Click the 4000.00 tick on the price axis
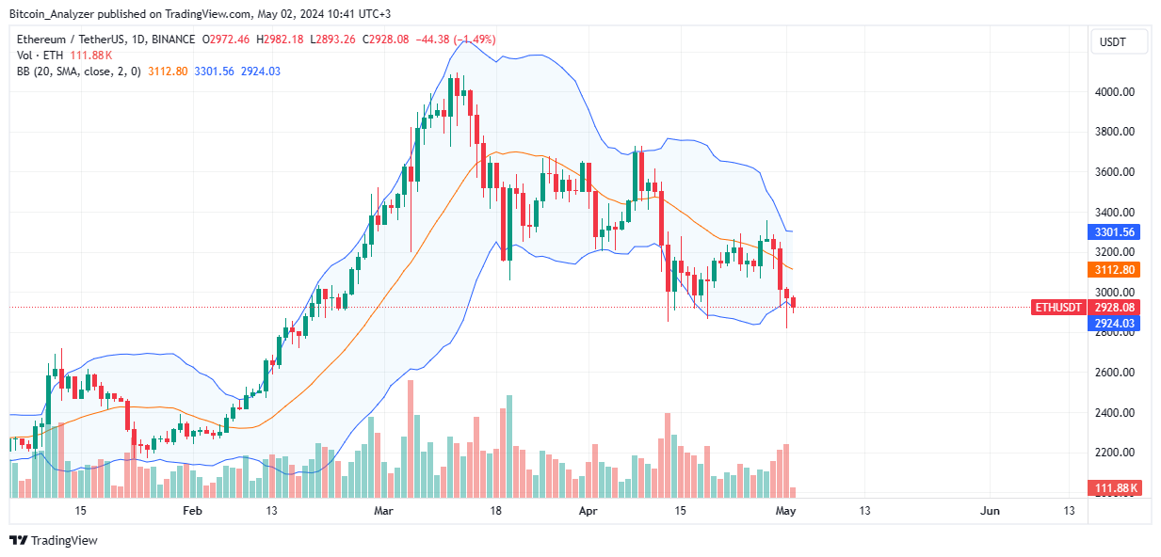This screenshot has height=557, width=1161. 1119,92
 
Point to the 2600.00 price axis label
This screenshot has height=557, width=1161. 1119,373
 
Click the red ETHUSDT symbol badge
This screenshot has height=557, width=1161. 1057,308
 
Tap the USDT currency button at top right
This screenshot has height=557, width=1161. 1119,42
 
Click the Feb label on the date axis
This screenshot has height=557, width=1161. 192,511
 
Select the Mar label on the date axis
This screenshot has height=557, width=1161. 383,511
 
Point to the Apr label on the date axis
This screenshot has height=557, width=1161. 588,511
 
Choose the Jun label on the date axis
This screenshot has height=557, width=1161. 990,511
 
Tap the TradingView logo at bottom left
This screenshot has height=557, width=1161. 54,540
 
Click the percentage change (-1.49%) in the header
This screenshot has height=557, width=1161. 474,40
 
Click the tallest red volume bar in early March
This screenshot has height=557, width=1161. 411,438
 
